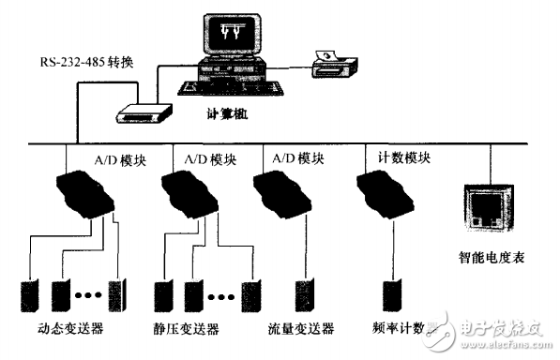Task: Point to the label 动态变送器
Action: point(69,330)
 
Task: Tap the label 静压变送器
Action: point(188,330)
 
